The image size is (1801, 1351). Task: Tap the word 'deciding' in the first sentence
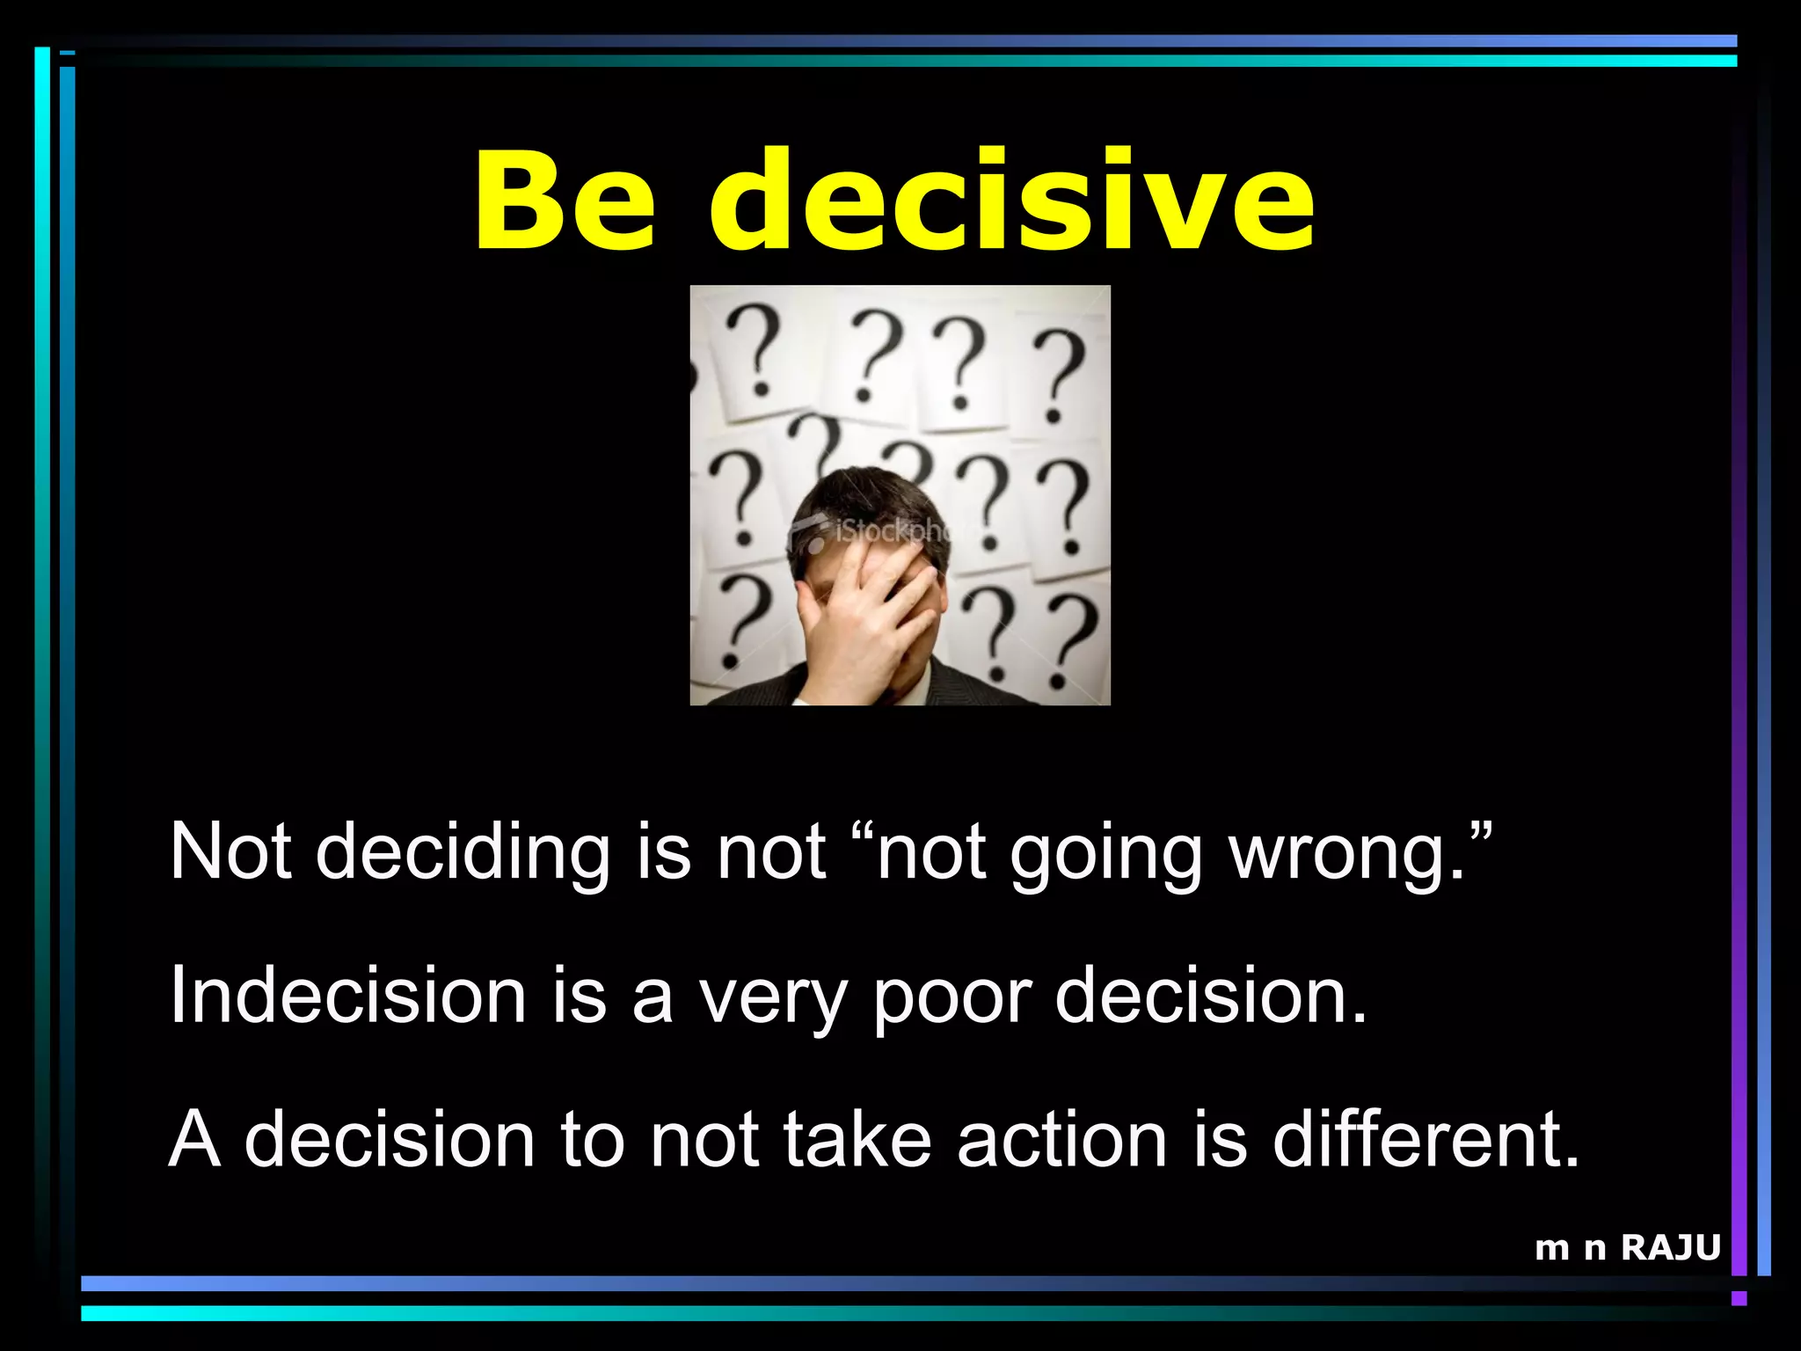click(463, 851)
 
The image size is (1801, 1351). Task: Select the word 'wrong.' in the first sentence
click(1359, 851)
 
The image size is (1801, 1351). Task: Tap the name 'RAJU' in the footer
click(1670, 1247)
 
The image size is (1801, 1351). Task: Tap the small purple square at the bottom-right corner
click(1739, 1298)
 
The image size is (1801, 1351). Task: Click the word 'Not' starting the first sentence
click(230, 851)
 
